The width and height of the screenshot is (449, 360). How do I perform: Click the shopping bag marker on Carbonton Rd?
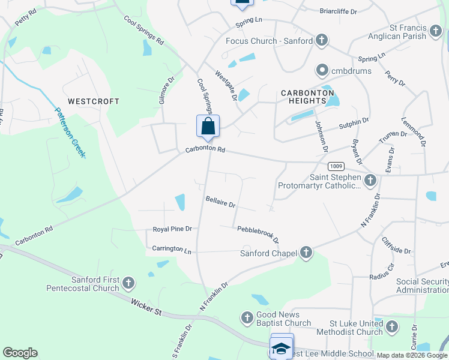coord(208,127)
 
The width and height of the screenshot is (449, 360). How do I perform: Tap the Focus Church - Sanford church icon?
coord(322,41)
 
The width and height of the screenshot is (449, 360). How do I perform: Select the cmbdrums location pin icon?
coord(322,71)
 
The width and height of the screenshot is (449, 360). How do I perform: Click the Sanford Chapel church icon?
coord(306,253)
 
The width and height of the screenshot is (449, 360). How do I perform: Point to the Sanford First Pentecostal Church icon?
coord(128,282)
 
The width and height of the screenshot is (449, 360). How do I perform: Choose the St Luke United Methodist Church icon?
coord(392,327)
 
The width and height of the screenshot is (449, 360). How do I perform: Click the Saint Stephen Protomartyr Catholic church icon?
coord(370,179)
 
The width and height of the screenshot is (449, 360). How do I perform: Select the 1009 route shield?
coord(336,166)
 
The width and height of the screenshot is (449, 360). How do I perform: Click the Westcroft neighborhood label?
coord(93,101)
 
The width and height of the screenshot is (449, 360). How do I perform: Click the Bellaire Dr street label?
coord(220,203)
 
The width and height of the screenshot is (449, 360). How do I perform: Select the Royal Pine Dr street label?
coord(172,229)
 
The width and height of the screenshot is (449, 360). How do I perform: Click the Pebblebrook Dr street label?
coord(258,233)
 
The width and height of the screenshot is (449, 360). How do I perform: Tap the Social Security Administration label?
coord(422,286)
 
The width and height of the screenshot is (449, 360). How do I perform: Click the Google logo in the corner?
coord(20,353)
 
